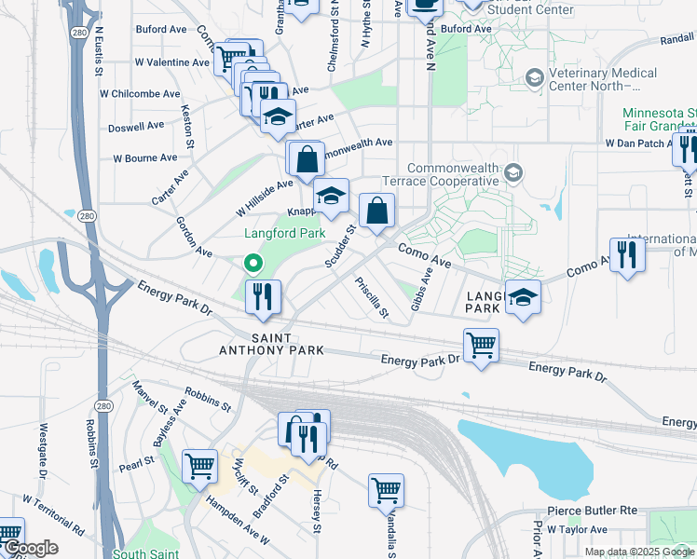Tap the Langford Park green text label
(284, 234)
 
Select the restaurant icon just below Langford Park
(263, 297)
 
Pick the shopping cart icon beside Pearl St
(199, 466)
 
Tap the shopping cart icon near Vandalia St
(386, 489)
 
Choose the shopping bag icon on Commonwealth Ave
(307, 159)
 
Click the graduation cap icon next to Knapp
(330, 196)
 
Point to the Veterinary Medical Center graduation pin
(535, 76)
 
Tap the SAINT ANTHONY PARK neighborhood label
(284, 344)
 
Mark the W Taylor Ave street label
(577, 529)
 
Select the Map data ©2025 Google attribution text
(639, 552)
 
